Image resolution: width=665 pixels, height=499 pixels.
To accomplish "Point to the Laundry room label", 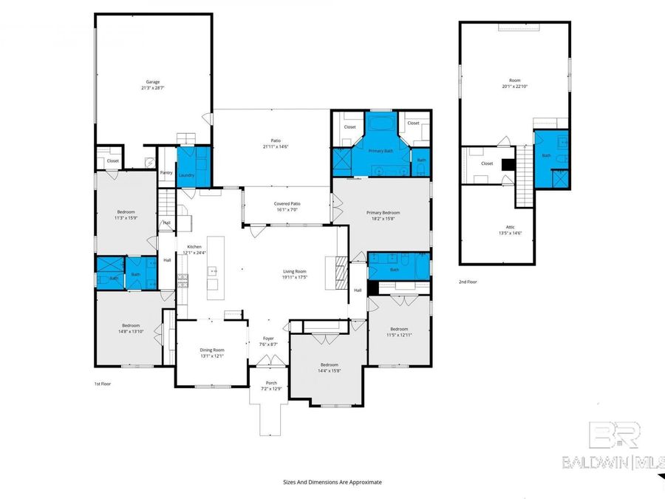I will [186, 175].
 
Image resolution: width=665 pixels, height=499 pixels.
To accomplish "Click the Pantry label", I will [166, 173].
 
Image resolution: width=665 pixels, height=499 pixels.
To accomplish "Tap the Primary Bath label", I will [381, 151].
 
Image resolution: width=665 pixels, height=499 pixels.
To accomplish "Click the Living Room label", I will [295, 271].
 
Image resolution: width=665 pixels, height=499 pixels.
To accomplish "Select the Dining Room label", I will [212, 350].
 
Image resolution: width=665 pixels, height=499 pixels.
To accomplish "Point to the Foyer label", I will [268, 339].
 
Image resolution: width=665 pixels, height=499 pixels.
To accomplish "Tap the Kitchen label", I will [194, 246].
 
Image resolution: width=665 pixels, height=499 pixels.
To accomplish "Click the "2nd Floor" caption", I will [468, 282].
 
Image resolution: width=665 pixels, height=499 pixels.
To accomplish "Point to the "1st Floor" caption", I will [103, 384].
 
